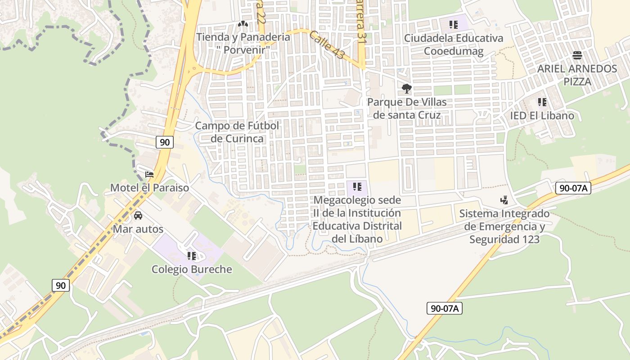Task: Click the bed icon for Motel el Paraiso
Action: click(149, 174)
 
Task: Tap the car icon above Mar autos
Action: click(138, 216)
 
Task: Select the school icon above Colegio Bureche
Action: click(191, 256)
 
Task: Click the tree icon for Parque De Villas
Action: click(407, 88)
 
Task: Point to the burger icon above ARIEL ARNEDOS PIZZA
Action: click(577, 55)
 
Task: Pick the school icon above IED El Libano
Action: click(542, 102)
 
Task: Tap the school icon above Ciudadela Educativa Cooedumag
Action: click(453, 24)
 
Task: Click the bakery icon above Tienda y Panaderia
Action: click(243, 23)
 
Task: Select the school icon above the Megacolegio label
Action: click(357, 186)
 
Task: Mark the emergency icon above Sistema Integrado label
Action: click(504, 200)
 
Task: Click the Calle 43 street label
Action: click(327, 45)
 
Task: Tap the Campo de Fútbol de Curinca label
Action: click(237, 132)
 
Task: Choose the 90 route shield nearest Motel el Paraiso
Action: click(165, 142)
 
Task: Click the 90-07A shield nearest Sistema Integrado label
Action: click(572, 188)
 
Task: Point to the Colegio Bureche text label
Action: click(192, 270)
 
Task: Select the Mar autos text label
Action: click(138, 229)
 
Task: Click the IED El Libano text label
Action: click(542, 116)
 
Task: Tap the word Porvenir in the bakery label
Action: click(243, 49)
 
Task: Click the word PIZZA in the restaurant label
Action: click(577, 82)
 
